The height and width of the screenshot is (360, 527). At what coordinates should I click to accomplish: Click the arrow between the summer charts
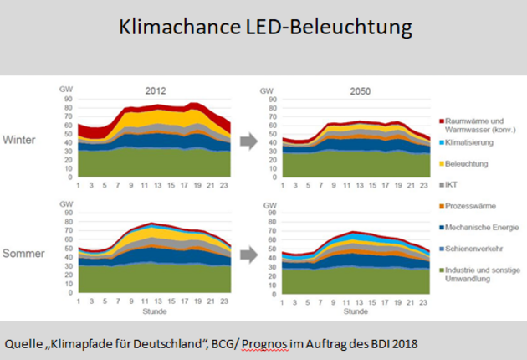[248, 253]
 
